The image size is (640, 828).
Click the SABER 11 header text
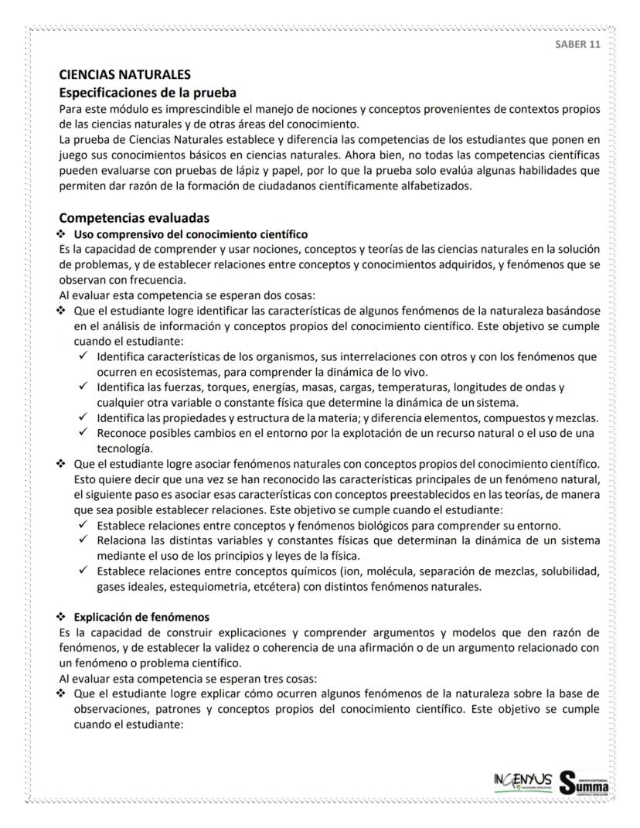[x=577, y=44]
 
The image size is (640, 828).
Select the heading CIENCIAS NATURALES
[x=124, y=76]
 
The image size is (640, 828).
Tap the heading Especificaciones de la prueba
[x=148, y=92]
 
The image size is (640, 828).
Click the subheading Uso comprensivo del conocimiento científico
[x=190, y=233]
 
